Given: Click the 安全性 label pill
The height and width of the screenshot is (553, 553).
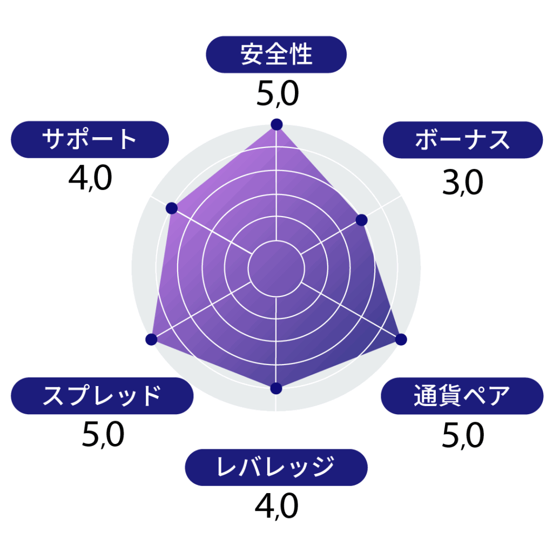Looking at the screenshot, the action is tap(276, 55).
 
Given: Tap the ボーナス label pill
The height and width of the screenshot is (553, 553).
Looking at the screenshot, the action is tap(463, 140).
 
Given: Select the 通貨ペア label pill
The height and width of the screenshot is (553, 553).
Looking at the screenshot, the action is tap(462, 396).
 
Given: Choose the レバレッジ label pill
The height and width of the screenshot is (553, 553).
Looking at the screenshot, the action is tap(276, 467).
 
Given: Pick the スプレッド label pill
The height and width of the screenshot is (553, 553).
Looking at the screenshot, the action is tap(102, 396).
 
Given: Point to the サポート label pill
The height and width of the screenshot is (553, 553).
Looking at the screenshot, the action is tap(90, 140).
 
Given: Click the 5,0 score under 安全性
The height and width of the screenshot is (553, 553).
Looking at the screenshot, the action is tap(278, 94).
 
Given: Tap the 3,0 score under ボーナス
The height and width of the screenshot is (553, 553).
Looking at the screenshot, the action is tap(463, 183).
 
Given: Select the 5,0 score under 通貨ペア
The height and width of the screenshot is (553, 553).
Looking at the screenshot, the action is tap(463, 436).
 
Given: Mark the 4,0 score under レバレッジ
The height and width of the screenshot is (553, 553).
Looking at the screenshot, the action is tap(276, 506).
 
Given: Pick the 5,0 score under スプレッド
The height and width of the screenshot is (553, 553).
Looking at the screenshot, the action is tap(103, 435).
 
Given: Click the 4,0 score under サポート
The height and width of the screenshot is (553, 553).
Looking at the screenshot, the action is tap(90, 178).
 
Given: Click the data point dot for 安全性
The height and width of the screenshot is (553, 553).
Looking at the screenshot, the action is tap(277, 125).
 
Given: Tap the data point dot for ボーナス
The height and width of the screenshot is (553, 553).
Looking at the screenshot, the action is tap(361, 220).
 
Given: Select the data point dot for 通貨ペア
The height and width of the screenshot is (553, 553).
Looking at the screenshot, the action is tap(401, 339).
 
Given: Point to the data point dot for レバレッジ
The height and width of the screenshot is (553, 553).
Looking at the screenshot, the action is tap(276, 388).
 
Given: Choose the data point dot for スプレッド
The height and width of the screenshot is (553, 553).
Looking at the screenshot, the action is tap(151, 339).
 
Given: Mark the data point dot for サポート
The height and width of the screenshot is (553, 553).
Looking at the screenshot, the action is tap(171, 208).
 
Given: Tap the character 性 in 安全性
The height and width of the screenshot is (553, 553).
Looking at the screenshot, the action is tap(300, 55).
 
